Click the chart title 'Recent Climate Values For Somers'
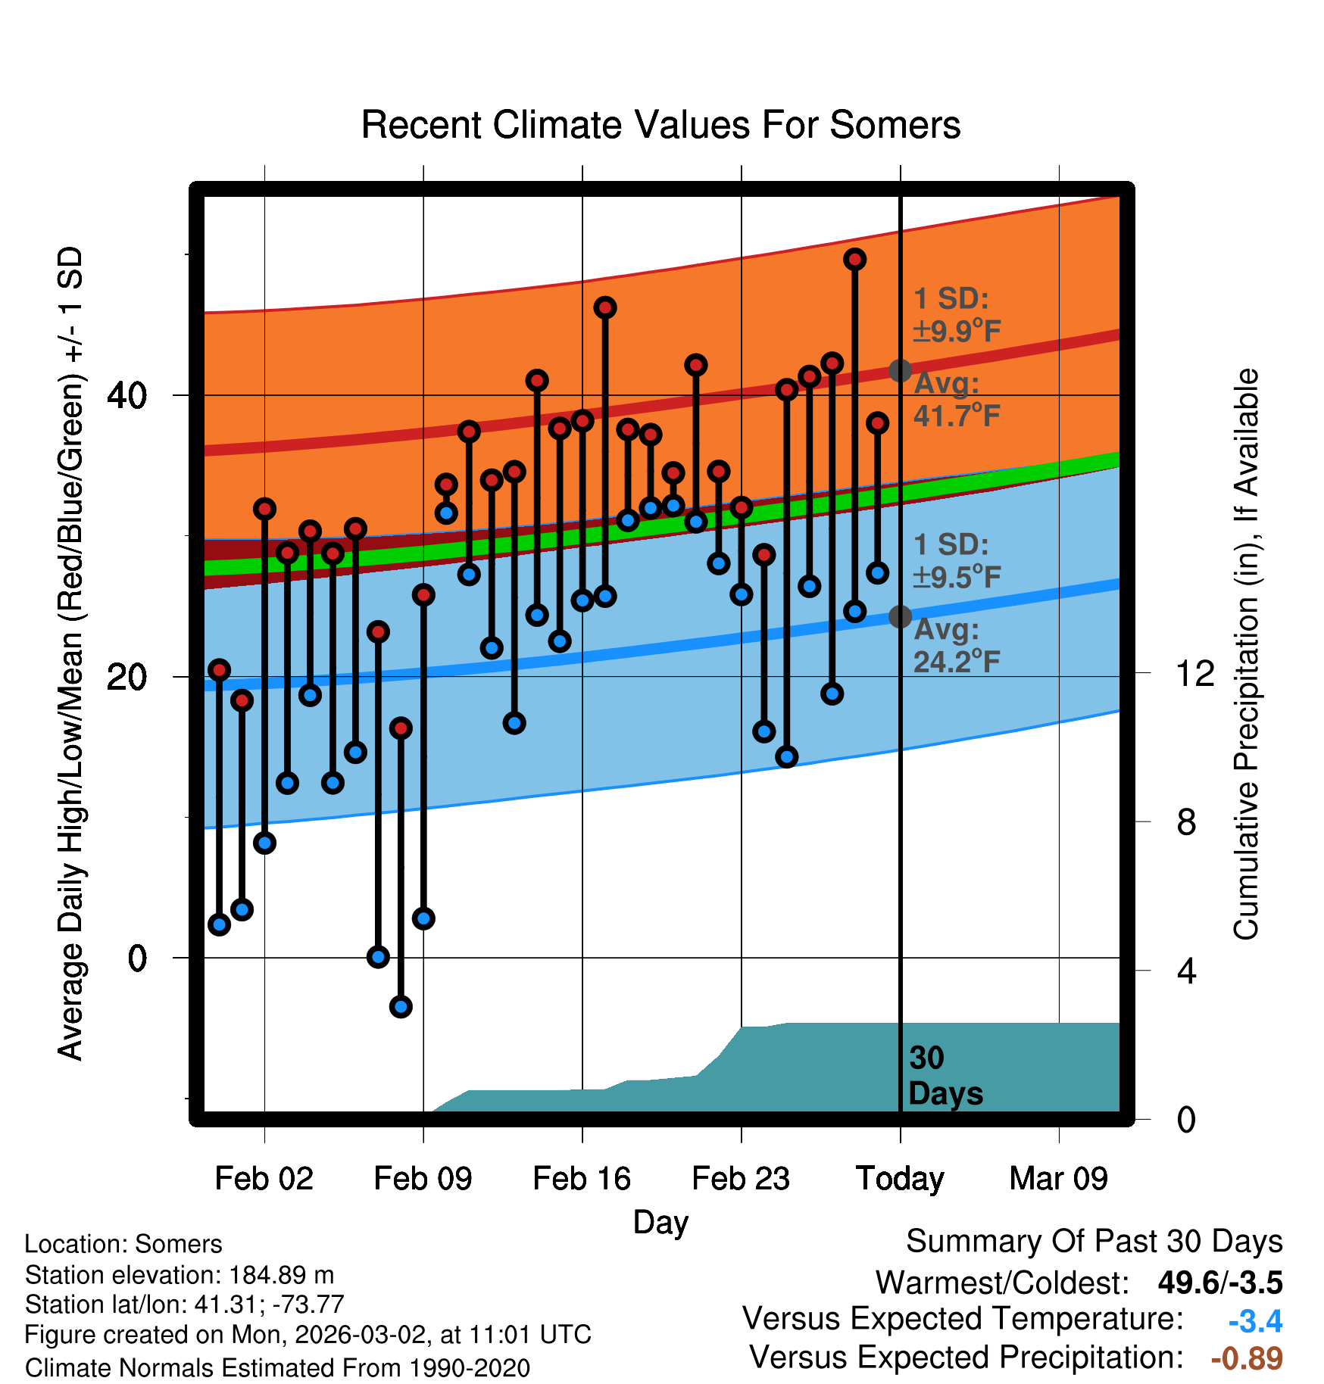click(660, 125)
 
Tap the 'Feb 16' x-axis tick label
click(582, 1179)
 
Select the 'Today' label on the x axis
click(900, 1179)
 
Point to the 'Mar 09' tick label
click(1058, 1179)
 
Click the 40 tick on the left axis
click(126, 395)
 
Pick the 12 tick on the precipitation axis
click(1195, 673)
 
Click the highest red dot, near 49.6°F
click(855, 260)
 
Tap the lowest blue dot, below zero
click(401, 1006)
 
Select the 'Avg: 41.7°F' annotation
click(957, 400)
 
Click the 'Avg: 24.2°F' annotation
click(957, 646)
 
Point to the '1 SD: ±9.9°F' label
click(957, 315)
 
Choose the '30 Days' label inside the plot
click(945, 1076)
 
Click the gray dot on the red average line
click(900, 370)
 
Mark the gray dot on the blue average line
click(900, 616)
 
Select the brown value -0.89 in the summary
click(1247, 1358)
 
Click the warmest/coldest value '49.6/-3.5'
click(1219, 1283)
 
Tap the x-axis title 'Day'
click(660, 1222)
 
